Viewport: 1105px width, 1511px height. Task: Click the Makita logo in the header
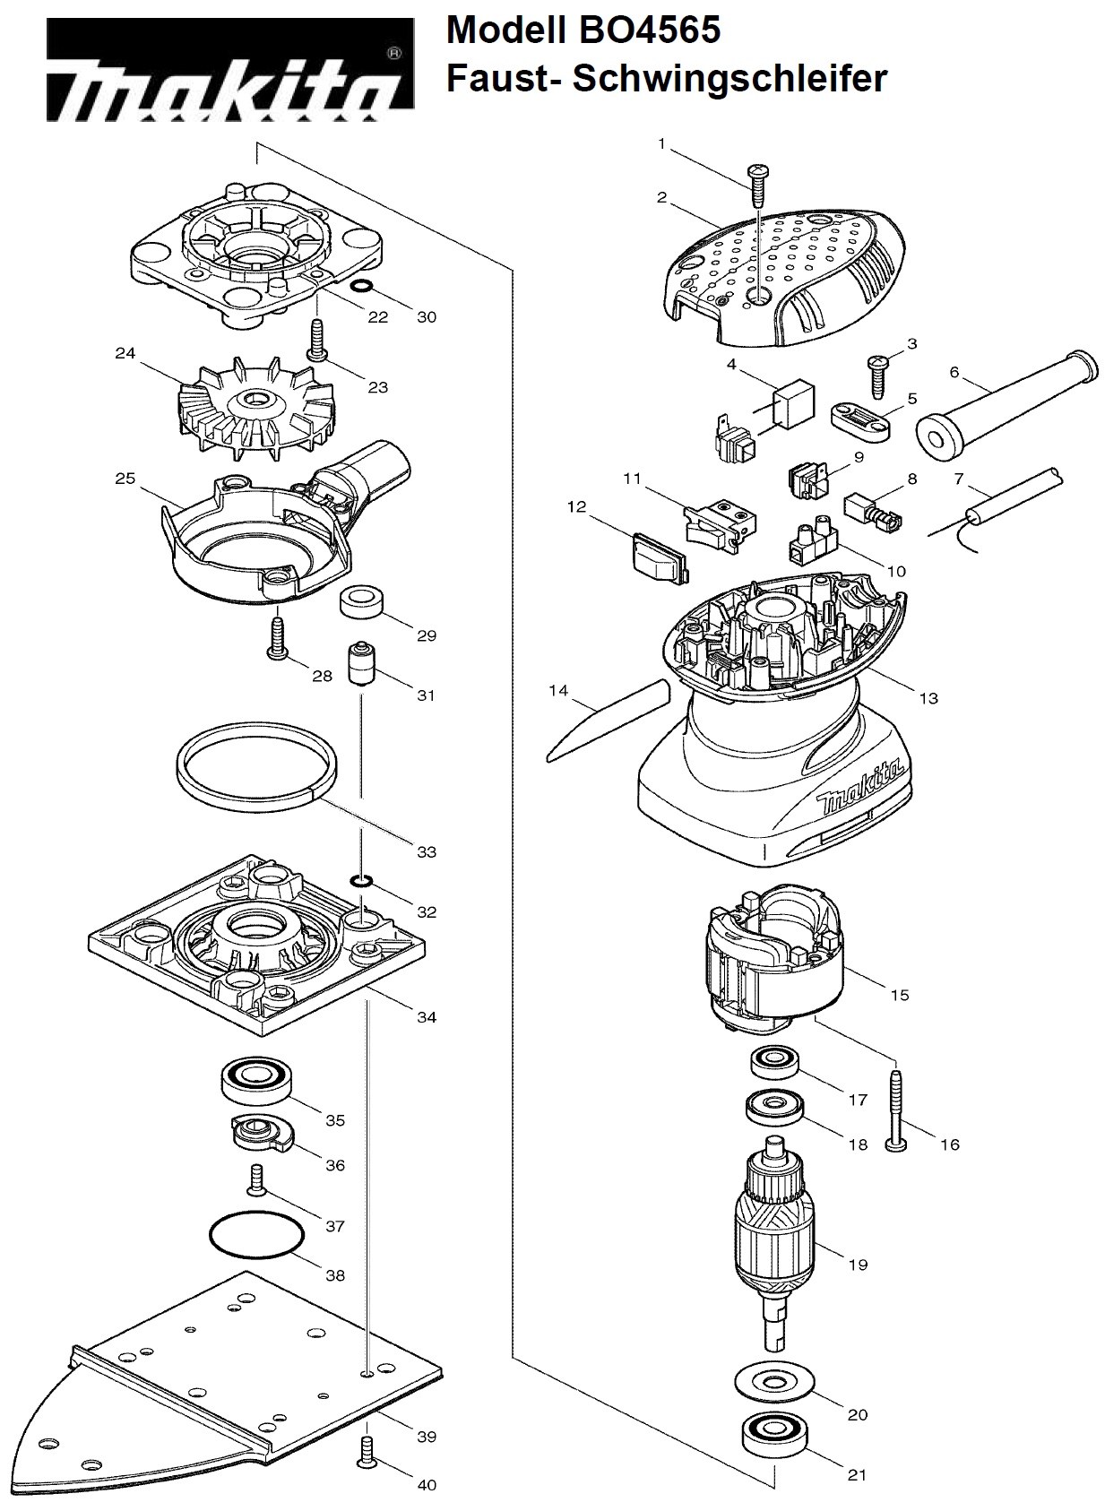[x=230, y=70]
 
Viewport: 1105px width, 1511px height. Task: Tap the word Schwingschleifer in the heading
[x=729, y=79]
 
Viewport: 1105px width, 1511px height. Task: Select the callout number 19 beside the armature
[x=858, y=1265]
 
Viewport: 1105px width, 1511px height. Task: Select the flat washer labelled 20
[x=773, y=1381]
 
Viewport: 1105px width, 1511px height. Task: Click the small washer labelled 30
[x=363, y=286]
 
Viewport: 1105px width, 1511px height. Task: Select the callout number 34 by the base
[x=427, y=1017]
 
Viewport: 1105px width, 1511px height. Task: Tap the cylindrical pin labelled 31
[x=360, y=664]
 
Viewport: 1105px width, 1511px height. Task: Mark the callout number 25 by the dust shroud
[x=125, y=479]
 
